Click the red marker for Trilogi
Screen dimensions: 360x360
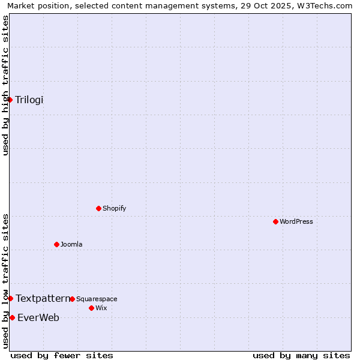(x=10, y=100)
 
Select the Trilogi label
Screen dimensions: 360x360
(x=29, y=100)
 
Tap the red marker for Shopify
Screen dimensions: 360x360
(x=99, y=209)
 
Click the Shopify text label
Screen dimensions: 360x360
(x=114, y=209)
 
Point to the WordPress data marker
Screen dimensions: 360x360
(x=276, y=222)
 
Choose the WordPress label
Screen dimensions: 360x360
(x=296, y=222)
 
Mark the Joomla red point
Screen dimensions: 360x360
(x=57, y=244)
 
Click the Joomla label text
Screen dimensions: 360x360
(x=71, y=245)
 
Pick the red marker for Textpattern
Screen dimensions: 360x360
(x=10, y=298)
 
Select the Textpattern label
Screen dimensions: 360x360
(x=43, y=298)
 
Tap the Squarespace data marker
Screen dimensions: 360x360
(x=73, y=299)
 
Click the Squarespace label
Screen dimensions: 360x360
(x=97, y=299)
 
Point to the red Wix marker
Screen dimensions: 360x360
(x=91, y=308)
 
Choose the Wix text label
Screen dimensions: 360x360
(x=101, y=308)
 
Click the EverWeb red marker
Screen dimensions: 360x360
(x=12, y=317)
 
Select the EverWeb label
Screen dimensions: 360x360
(x=38, y=318)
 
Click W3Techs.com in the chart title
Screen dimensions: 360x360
(x=326, y=6)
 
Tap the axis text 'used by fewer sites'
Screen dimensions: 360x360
(x=62, y=355)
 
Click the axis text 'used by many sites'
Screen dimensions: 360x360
(x=301, y=355)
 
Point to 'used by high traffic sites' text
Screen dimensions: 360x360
(x=6, y=85)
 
